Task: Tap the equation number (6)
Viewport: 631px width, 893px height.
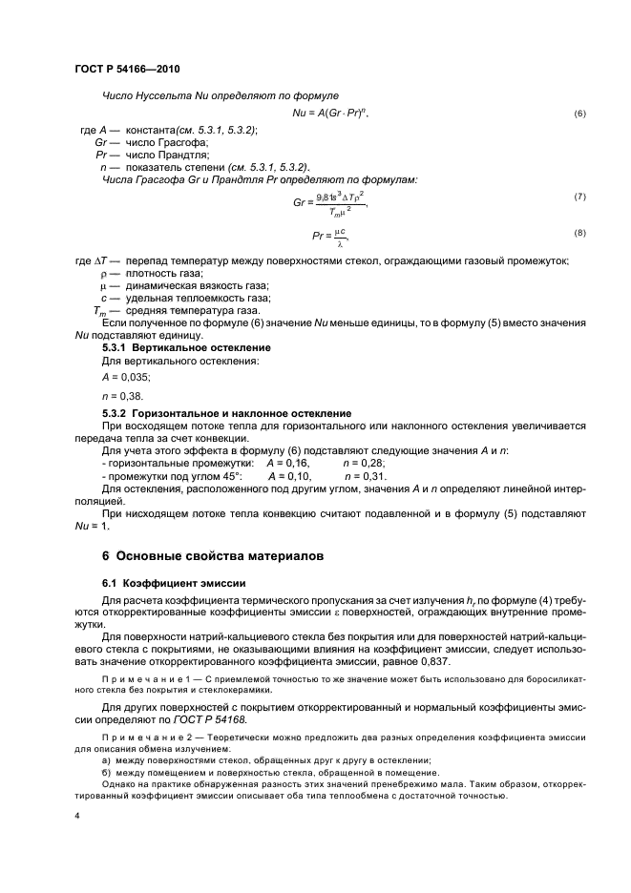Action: [579, 114]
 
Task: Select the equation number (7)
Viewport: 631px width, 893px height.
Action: [579, 197]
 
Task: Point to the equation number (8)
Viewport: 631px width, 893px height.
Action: [579, 233]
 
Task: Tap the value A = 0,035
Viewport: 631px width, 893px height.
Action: [122, 376]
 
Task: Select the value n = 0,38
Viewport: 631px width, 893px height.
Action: [119, 395]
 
